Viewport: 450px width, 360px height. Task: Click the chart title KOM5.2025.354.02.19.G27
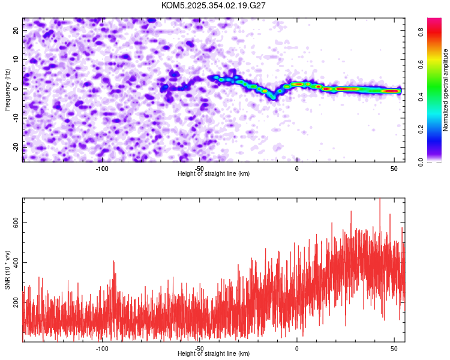click(214, 5)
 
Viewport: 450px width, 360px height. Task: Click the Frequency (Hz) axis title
click(7, 90)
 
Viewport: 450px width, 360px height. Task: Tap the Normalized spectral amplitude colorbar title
click(446, 90)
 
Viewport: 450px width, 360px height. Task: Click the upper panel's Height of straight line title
click(214, 173)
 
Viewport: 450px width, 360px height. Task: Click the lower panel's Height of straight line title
click(214, 353)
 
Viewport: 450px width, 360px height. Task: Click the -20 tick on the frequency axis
click(15, 147)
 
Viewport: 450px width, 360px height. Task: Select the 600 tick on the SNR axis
click(15, 223)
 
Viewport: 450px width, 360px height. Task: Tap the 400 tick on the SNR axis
click(15, 263)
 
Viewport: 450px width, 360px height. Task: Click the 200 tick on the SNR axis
click(15, 303)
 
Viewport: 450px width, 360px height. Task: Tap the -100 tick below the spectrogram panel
click(101, 169)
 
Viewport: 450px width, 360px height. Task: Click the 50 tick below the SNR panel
click(394, 349)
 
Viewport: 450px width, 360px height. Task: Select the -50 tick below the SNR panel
click(199, 349)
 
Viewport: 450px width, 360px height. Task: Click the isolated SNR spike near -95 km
click(113, 262)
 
